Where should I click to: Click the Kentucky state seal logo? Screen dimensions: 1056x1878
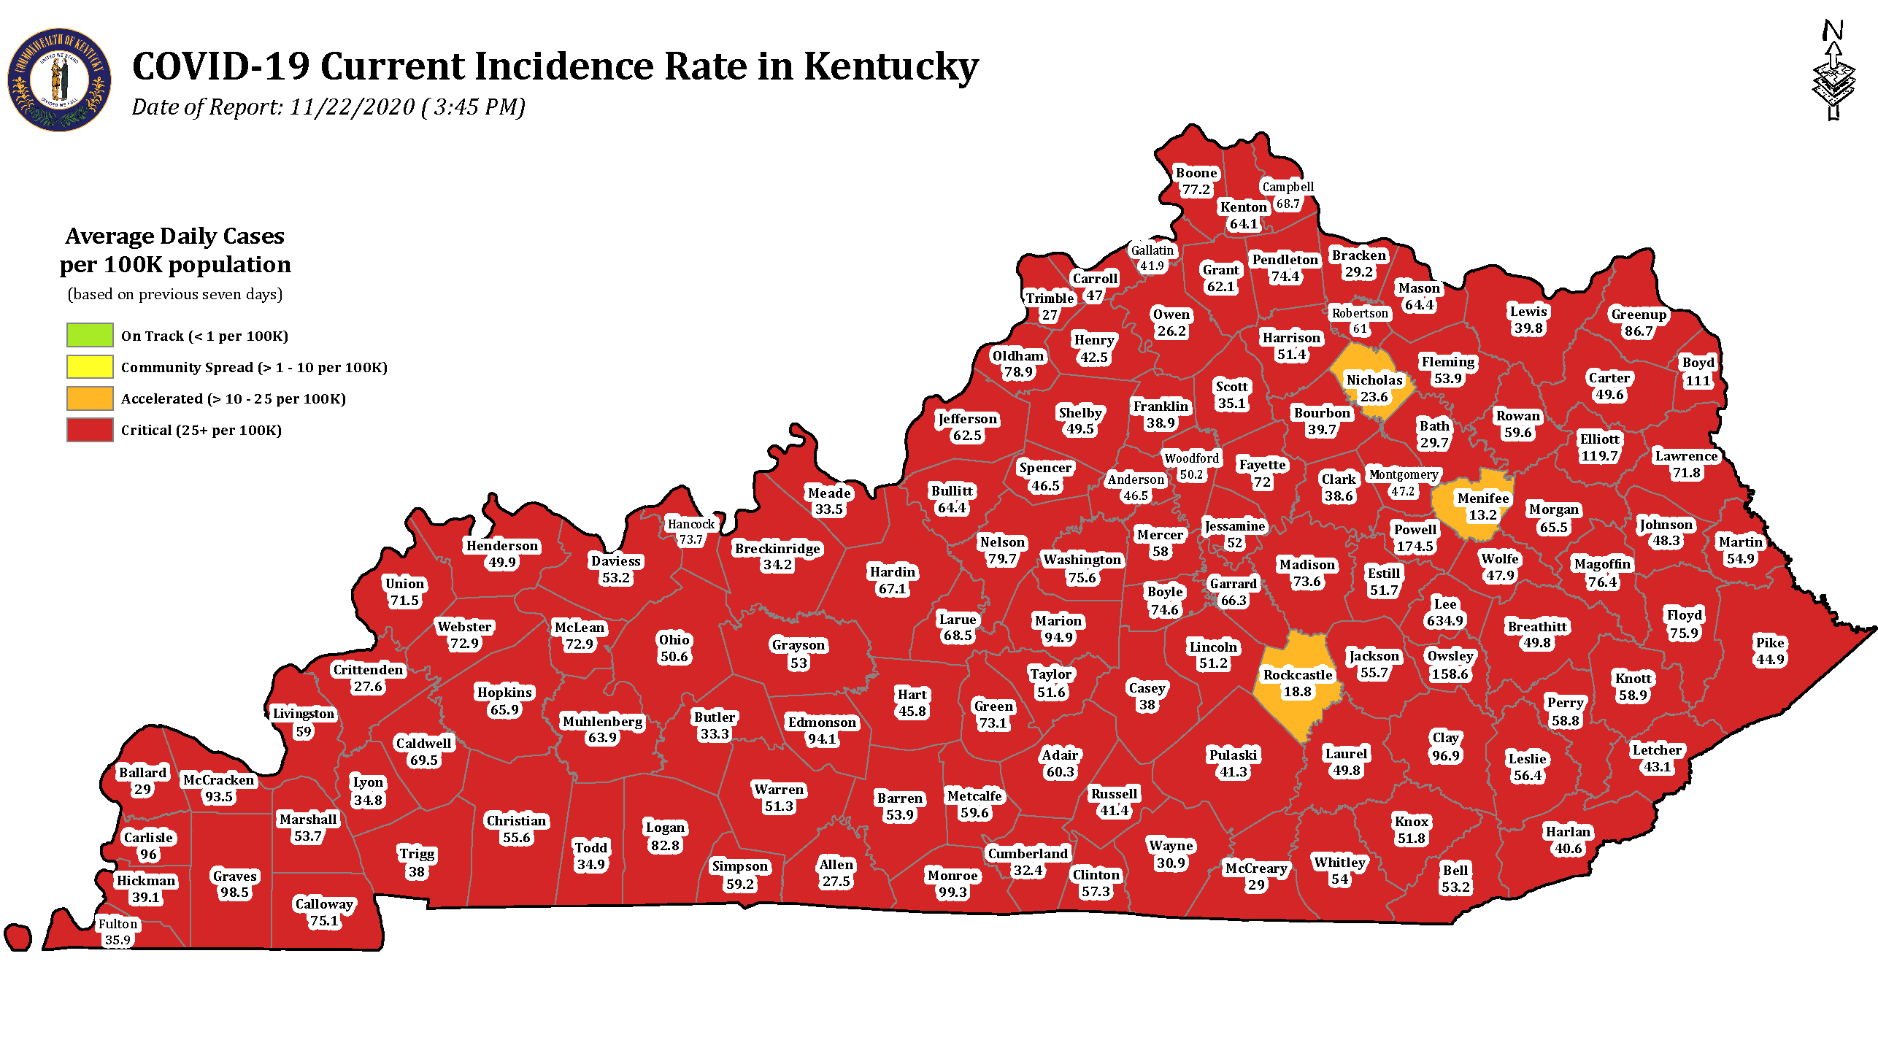click(60, 80)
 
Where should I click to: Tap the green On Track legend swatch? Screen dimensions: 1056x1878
click(90, 335)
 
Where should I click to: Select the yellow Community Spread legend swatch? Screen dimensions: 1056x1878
click(90, 366)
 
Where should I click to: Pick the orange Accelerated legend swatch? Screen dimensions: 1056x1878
click(90, 398)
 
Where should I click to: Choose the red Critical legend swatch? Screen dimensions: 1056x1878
click(90, 430)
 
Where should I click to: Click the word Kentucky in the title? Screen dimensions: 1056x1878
click(890, 66)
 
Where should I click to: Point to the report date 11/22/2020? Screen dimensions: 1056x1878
click(352, 107)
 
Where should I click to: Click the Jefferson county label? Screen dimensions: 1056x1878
click(967, 419)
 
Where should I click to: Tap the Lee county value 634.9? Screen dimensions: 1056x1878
click(1444, 621)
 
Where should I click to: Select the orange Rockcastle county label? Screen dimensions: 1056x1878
click(1298, 675)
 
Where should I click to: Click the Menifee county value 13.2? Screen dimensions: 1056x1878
click(1482, 515)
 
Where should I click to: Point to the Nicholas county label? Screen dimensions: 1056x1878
click(1374, 380)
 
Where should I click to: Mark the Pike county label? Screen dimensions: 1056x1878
click(1770, 643)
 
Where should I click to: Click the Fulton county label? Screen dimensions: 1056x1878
click(118, 924)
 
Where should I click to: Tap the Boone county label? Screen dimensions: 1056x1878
click(1196, 173)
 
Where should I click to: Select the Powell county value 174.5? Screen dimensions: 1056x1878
click(1415, 547)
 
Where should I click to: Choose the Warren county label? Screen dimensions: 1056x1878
click(779, 790)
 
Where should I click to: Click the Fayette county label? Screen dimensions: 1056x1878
click(1262, 465)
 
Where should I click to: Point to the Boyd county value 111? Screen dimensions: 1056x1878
click(1698, 381)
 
